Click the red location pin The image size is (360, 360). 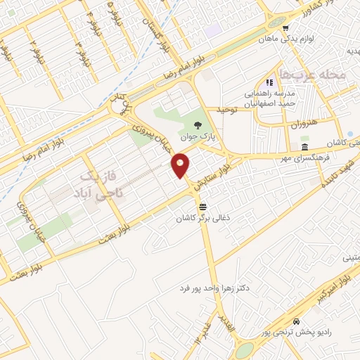coord(181,165)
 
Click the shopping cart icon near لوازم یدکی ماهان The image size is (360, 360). coord(285,29)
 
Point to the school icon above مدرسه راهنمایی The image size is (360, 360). coord(268,82)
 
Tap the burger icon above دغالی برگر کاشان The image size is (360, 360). coord(203,206)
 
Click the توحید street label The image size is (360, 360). coord(229,111)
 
